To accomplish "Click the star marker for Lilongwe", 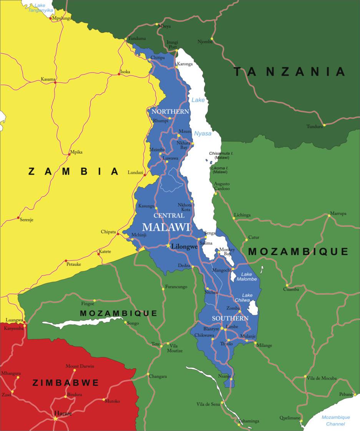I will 168,245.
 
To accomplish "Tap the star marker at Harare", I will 55,418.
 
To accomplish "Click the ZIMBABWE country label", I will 66,383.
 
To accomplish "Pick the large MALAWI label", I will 166,227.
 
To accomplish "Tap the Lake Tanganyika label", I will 40,8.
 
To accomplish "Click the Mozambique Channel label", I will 335,421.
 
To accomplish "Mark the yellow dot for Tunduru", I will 324,125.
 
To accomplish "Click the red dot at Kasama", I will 55,82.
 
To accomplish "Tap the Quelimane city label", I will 290,418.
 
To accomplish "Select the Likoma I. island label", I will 219,169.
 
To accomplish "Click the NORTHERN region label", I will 170,112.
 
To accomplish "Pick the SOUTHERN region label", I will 230,318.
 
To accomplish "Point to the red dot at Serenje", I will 18,218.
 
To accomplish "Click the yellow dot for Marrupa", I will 329,215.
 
